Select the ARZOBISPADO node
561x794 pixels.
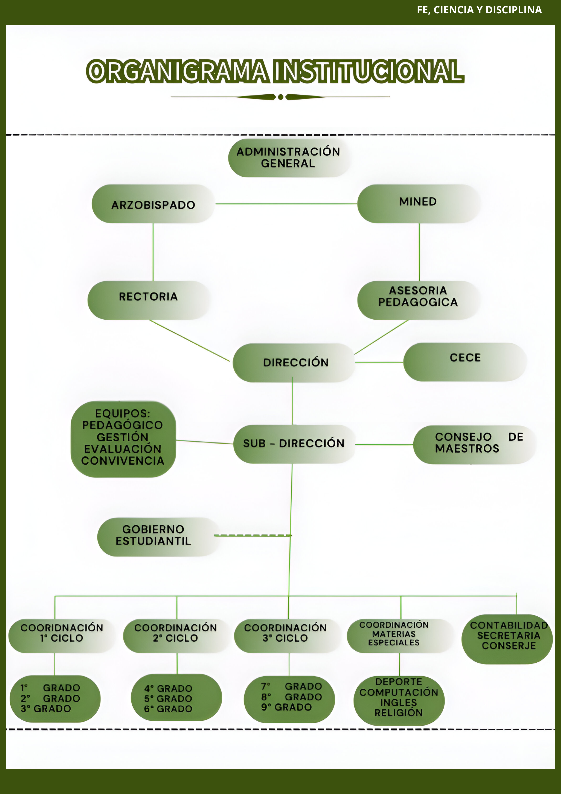(x=153, y=204)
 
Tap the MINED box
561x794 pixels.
(x=418, y=203)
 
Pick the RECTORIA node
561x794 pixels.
(x=148, y=300)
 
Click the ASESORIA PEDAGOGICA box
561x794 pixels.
(x=418, y=300)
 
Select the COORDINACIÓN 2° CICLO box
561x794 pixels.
(x=176, y=635)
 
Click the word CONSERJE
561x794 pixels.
(x=509, y=646)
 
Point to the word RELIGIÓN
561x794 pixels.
(x=398, y=713)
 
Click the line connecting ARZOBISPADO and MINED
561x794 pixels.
(x=286, y=204)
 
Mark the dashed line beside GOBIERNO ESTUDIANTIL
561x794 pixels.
(x=252, y=535)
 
